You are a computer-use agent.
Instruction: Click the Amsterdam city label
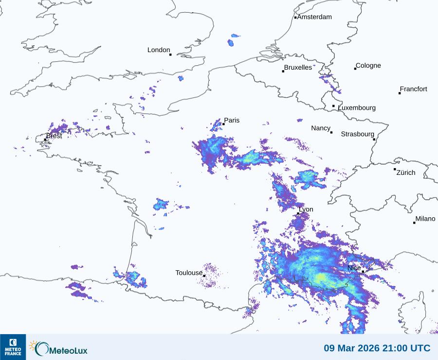tap(314, 17)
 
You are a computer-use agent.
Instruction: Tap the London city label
tap(159, 50)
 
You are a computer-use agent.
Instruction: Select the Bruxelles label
tap(298, 68)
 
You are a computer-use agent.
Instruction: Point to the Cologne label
tap(368, 66)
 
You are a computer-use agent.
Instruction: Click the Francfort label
tap(414, 89)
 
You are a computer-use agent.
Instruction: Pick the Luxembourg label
tap(357, 108)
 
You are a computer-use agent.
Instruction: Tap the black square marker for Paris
tap(223, 124)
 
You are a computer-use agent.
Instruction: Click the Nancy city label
tap(321, 128)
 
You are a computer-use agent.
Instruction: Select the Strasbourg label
tap(357, 134)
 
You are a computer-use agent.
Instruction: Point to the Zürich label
tap(406, 172)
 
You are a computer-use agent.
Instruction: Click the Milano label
tap(425, 219)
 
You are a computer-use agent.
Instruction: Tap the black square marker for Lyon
tap(298, 214)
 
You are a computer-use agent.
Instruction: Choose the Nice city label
tap(354, 268)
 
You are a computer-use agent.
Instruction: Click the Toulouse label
tap(189, 273)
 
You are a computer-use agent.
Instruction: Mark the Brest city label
tap(54, 136)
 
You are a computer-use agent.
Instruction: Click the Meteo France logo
tap(13, 347)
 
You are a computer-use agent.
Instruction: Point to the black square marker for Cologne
tap(355, 69)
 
